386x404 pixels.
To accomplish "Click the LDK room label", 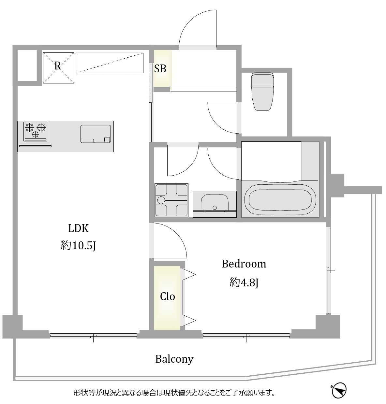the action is click(78, 228).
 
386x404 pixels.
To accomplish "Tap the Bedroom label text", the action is click(244, 264).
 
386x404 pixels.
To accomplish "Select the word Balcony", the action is click(174, 359).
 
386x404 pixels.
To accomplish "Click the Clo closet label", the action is click(167, 297).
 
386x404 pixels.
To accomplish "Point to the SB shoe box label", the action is click(160, 68).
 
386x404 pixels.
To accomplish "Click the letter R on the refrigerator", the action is click(58, 66).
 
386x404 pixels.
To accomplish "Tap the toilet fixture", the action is click(262, 91).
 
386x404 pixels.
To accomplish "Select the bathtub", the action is click(280, 199).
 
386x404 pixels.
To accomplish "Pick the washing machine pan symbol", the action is click(171, 200).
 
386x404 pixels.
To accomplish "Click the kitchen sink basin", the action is click(96, 134).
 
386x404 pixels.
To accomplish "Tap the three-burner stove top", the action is click(35, 131).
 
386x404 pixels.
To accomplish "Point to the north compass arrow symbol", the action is click(339, 391).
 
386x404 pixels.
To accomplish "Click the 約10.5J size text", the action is click(78, 246).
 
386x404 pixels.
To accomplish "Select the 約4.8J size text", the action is click(244, 282).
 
